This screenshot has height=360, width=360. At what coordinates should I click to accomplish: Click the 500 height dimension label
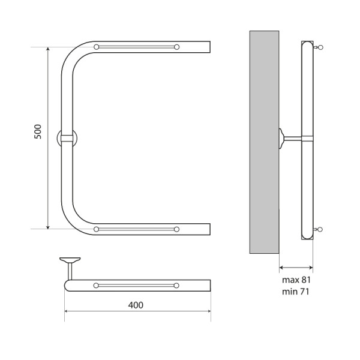37,132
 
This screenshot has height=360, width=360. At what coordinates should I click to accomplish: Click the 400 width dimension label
136,305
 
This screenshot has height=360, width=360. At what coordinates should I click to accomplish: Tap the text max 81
296,280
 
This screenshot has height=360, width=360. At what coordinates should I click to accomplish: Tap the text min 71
296,292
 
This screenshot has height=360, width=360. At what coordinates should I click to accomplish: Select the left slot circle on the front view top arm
97,47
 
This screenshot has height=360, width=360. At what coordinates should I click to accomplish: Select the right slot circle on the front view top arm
176,47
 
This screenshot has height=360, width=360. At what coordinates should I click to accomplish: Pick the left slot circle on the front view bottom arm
97,229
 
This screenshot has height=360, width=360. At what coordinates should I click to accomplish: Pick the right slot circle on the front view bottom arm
176,229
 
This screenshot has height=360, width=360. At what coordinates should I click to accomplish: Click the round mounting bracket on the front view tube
67,138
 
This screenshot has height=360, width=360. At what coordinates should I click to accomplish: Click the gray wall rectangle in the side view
264,141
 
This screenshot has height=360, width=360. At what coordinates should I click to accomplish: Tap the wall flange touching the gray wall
281,139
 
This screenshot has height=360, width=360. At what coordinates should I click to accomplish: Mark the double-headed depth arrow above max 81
296,268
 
